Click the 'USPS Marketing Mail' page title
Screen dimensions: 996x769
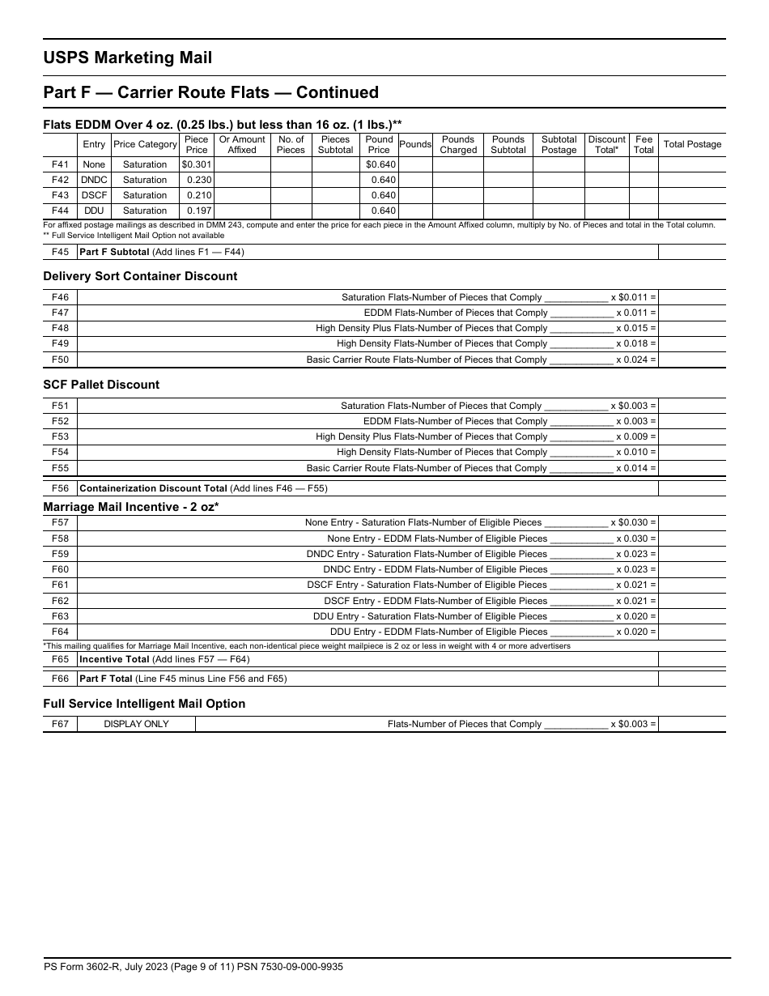(127, 57)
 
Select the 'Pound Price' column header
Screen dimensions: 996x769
(379, 145)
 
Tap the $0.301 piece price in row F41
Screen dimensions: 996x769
(197, 164)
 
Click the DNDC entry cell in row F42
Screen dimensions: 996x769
(94, 180)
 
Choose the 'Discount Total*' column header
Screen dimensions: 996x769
(606, 145)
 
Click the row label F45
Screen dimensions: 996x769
(60, 252)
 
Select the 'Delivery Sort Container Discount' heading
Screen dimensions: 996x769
(140, 276)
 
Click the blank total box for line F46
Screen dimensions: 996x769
(691, 297)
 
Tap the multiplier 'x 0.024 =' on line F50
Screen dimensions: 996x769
(635, 360)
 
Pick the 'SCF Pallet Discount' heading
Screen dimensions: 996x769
(101, 385)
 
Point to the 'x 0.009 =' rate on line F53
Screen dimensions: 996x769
(635, 436)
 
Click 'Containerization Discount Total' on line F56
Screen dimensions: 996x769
(153, 488)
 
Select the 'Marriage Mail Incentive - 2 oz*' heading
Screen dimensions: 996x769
(131, 507)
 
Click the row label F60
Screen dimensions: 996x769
(60, 569)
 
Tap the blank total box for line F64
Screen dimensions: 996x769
(691, 632)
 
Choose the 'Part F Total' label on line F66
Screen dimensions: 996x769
(106, 679)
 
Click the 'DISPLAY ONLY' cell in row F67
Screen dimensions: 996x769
(136, 724)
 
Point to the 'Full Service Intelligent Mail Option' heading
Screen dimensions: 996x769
(144, 704)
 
